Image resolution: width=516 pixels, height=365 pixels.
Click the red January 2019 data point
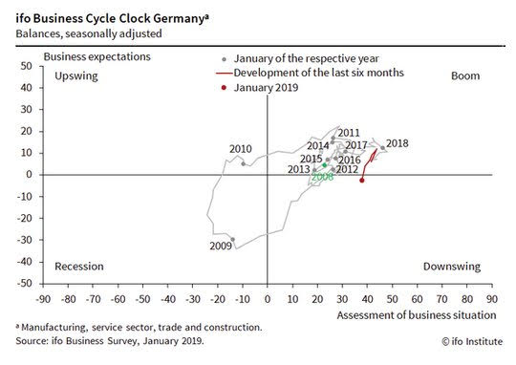(x=361, y=181)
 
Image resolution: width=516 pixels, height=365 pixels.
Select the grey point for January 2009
(x=232, y=240)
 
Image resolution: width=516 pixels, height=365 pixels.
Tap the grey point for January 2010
(x=244, y=163)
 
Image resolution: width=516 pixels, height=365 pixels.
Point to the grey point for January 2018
(x=382, y=148)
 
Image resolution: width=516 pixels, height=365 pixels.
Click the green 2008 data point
(x=325, y=165)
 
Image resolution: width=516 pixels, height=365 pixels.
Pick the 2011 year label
(x=349, y=133)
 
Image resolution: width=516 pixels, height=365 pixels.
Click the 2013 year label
(x=299, y=169)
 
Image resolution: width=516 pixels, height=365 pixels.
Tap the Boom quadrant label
(x=465, y=75)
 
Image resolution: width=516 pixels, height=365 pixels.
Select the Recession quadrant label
(x=79, y=267)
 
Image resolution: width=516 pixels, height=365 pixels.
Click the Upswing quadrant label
(x=76, y=76)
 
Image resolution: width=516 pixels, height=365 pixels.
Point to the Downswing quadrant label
(x=452, y=267)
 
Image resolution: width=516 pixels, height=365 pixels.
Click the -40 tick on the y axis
(x=25, y=262)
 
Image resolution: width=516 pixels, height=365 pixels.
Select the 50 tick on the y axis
(x=27, y=66)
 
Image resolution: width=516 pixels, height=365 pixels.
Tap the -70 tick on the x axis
(x=93, y=299)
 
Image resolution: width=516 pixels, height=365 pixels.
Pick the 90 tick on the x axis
(x=492, y=299)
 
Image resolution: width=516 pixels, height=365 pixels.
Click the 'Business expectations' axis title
(x=97, y=57)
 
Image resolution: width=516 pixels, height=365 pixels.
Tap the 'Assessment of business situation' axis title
(x=417, y=315)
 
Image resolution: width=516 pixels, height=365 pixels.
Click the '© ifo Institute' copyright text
(x=472, y=341)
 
